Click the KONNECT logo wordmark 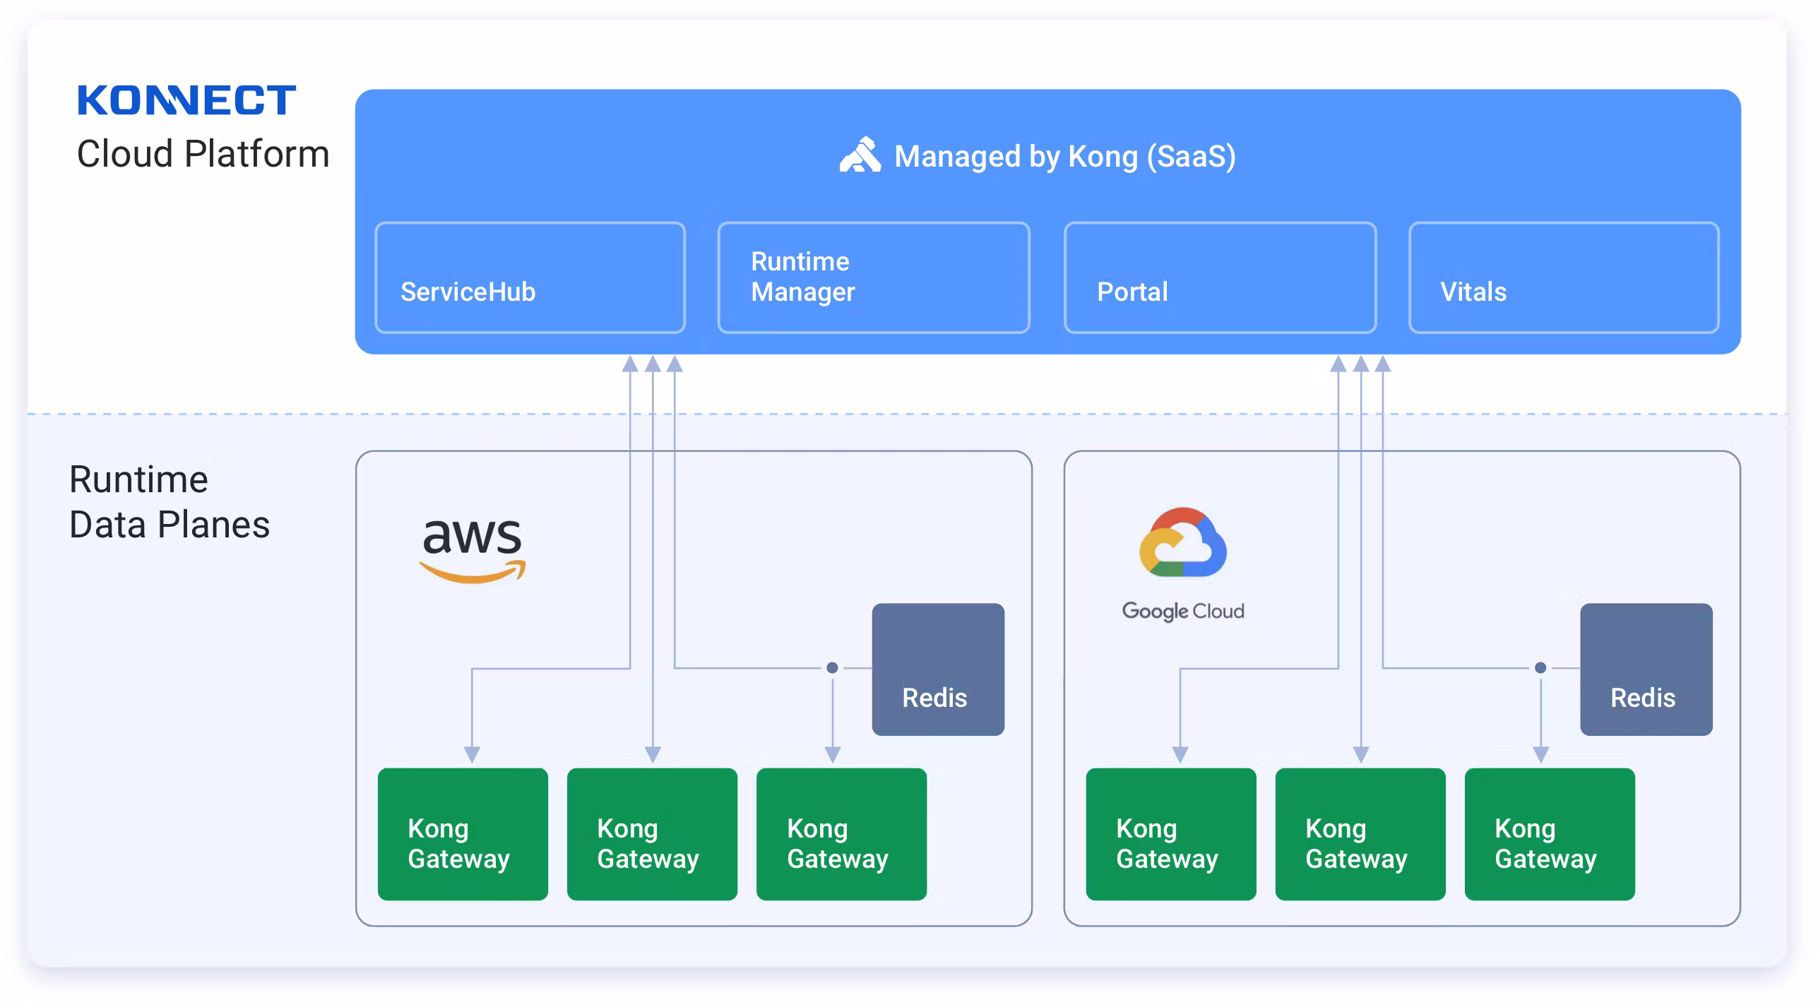186,100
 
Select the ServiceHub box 530,278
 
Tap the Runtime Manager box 873,278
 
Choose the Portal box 1220,278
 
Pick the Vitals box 1563,278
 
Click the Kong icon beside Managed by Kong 860,155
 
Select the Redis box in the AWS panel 937,669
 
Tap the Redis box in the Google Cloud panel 1646,669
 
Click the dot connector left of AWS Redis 832,667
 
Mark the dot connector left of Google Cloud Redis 1540,667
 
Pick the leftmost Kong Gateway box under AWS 463,834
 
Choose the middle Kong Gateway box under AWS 652,834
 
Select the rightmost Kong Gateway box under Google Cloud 1550,834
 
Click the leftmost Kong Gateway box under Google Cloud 1171,834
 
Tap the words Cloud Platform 203,154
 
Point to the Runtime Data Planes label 170,502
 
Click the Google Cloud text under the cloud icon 1183,611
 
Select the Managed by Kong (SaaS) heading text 1064,156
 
